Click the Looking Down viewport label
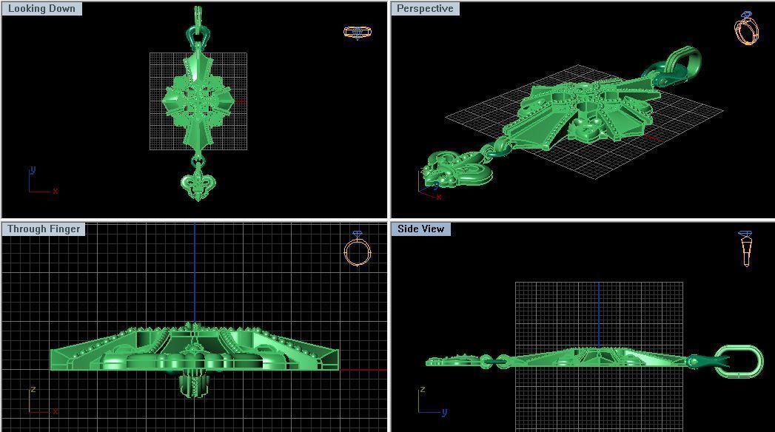[x=41, y=9]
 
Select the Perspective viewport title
[x=425, y=9]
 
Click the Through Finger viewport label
[x=44, y=229]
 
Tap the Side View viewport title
[x=420, y=229]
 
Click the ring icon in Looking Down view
[x=358, y=32]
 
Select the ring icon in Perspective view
[x=746, y=28]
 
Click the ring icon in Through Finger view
[x=358, y=249]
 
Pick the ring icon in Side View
[x=745, y=249]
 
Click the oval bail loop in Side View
[x=738, y=362]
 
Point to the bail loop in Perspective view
[x=684, y=62]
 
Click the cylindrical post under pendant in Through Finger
[x=194, y=385]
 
